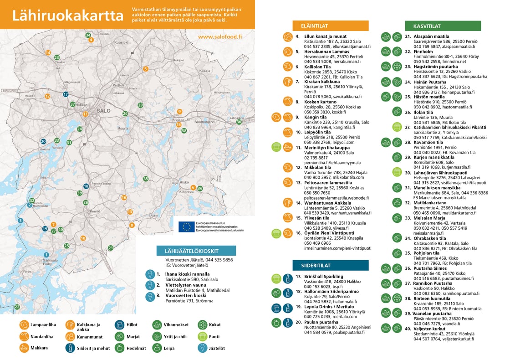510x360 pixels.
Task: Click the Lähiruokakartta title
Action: point(68,15)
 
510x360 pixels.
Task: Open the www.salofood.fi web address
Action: point(220,37)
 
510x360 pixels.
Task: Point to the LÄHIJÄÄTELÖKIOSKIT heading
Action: point(194,251)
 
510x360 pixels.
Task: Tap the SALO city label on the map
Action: point(104,111)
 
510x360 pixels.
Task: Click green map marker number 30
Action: point(239,122)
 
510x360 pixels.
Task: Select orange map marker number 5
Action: point(145,69)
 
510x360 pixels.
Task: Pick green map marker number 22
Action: point(17,307)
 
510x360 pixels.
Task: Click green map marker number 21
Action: point(111,248)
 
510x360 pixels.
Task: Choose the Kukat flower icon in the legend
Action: point(203,325)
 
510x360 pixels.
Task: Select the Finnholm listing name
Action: point(423,51)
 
